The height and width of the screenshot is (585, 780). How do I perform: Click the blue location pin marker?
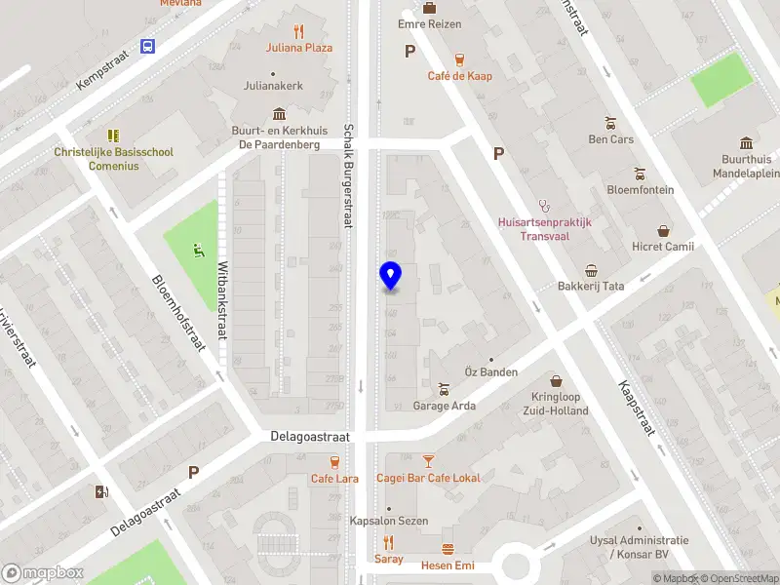coord(390,276)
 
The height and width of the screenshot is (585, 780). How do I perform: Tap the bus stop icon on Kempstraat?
coord(148,46)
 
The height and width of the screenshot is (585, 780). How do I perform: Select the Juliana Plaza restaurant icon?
coord(298,31)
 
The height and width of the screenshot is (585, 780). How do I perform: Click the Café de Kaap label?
coord(459,76)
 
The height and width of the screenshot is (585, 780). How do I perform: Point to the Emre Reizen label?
coord(429,23)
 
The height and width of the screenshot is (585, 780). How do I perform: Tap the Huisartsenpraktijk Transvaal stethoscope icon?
coord(544,206)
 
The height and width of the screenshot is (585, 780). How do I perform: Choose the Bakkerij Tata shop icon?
coord(591,271)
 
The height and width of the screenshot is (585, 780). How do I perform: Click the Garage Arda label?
coord(445,406)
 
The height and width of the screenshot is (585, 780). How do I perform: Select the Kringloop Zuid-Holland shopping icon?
coord(557,381)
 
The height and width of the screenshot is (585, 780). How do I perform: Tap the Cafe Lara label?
coord(334,479)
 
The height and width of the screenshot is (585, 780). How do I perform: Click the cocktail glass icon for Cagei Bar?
coord(427,461)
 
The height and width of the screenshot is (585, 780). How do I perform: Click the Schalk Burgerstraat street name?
coord(347,175)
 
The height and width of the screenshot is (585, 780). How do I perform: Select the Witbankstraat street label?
coord(222,300)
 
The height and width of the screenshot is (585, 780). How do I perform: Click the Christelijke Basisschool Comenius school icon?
coord(113,136)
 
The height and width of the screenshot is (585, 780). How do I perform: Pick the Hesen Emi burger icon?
coord(448,549)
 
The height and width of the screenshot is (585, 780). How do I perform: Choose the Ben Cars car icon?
coord(610,123)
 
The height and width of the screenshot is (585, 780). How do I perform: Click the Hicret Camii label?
coord(663,247)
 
